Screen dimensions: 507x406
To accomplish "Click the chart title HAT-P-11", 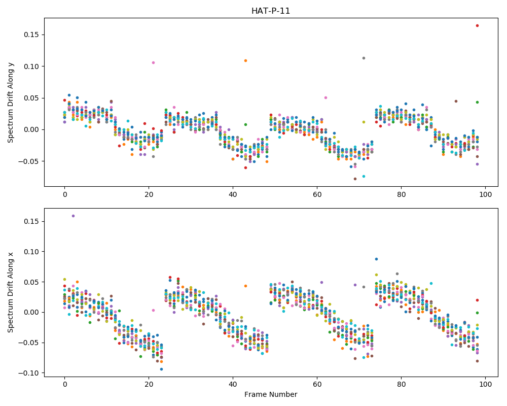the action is (271, 11).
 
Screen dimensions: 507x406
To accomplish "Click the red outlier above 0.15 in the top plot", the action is (477, 25).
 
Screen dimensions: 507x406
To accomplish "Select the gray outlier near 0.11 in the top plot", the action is (364, 58).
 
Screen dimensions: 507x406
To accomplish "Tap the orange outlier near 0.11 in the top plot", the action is (246, 60).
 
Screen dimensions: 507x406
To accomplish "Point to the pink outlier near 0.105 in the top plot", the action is (153, 62).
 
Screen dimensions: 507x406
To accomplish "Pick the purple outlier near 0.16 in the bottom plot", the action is (73, 216).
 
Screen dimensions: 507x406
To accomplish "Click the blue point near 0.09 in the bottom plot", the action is (376, 259).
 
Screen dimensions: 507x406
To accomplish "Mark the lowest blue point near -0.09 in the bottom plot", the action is (162, 369).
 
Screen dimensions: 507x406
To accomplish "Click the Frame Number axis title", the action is (271, 394).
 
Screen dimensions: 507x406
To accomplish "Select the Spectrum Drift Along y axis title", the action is (11, 102).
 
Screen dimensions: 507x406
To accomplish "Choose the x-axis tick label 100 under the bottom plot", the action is (486, 384).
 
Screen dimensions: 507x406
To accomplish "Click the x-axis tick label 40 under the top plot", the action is (233, 194).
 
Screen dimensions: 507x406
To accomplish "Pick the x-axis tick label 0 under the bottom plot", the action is (65, 384).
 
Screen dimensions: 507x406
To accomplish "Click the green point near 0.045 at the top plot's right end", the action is (477, 103).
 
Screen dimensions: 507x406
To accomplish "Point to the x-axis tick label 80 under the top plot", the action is (401, 194).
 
